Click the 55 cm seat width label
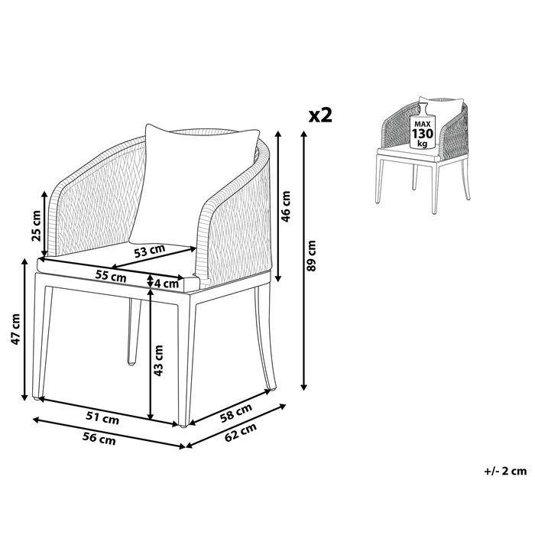coord(111,277)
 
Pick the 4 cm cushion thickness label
coord(169,284)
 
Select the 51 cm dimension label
coord(103,418)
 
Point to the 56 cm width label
coord(99,439)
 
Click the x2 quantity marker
coord(319,115)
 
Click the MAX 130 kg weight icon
coord(423,131)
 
